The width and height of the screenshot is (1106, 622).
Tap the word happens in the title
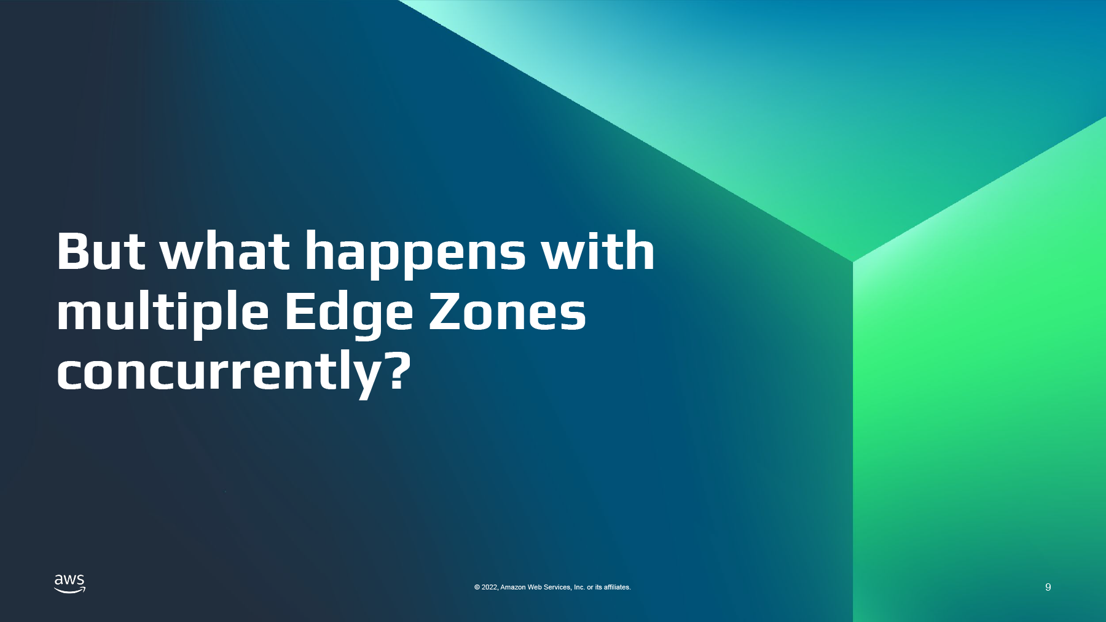pyautogui.click(x=415, y=255)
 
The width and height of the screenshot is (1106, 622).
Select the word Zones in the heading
pyautogui.click(x=507, y=311)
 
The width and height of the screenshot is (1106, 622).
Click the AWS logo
pyautogui.click(x=69, y=584)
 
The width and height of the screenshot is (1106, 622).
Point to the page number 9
pyautogui.click(x=1048, y=587)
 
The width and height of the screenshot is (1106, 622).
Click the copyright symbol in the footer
pyautogui.click(x=477, y=588)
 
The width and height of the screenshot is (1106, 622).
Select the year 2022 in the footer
pyautogui.click(x=489, y=588)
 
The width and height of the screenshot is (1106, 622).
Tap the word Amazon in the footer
pyautogui.click(x=513, y=588)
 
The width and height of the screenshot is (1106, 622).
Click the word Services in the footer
pyautogui.click(x=558, y=588)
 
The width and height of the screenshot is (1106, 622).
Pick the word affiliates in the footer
pyautogui.click(x=617, y=588)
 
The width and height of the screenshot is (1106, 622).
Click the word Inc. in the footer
pyautogui.click(x=579, y=588)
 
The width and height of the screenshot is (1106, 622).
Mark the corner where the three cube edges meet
pyautogui.click(x=853, y=262)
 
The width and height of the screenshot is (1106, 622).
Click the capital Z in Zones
pyautogui.click(x=444, y=312)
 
